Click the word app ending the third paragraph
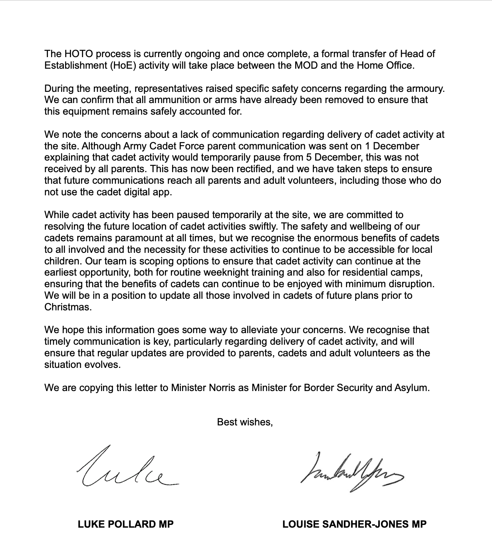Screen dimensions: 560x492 click(x=164, y=192)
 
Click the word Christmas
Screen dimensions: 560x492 click(x=67, y=307)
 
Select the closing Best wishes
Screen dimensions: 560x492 click(x=245, y=422)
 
